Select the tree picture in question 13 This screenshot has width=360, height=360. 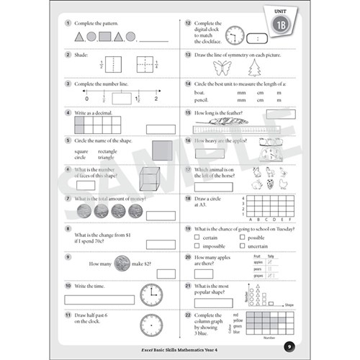tap(254, 68)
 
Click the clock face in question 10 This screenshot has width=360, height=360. tap(150, 294)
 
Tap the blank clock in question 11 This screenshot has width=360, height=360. tap(150, 324)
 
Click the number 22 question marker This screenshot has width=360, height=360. tap(186, 315)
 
